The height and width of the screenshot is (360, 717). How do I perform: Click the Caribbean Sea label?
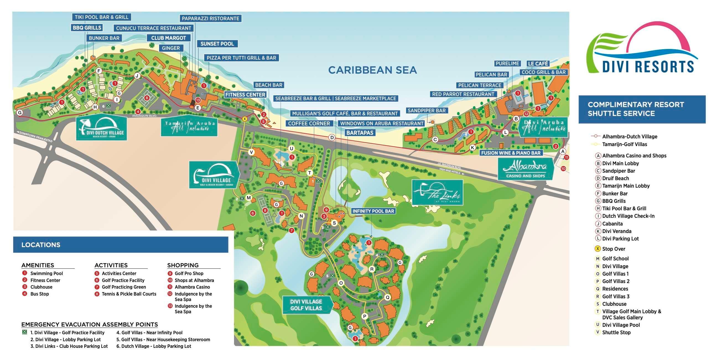[x=372, y=70]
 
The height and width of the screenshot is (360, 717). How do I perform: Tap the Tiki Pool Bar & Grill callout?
[x=102, y=17]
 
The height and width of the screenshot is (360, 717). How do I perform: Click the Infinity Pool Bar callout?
[x=373, y=211]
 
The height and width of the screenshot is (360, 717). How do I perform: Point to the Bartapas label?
[x=360, y=133]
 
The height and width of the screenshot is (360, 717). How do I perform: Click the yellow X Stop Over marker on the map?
[x=245, y=119]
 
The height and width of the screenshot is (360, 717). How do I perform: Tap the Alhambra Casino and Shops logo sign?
[x=525, y=169]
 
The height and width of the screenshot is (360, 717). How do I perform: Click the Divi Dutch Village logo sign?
[x=102, y=128]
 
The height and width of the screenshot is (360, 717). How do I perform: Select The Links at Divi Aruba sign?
[x=437, y=192]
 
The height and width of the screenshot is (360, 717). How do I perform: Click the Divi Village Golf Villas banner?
[x=306, y=305]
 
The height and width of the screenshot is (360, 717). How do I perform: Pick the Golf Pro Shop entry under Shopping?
[x=189, y=273]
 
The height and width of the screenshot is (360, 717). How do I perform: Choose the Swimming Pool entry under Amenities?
[x=46, y=273]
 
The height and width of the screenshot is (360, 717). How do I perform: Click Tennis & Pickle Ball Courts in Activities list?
[x=129, y=294]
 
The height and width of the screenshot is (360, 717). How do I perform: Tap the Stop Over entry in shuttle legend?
[x=614, y=249]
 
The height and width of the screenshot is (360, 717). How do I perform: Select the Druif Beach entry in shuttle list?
[x=615, y=178]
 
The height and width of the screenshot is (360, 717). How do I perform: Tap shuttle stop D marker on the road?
[x=332, y=137]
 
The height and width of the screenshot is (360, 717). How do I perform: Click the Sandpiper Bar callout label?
[x=427, y=110]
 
